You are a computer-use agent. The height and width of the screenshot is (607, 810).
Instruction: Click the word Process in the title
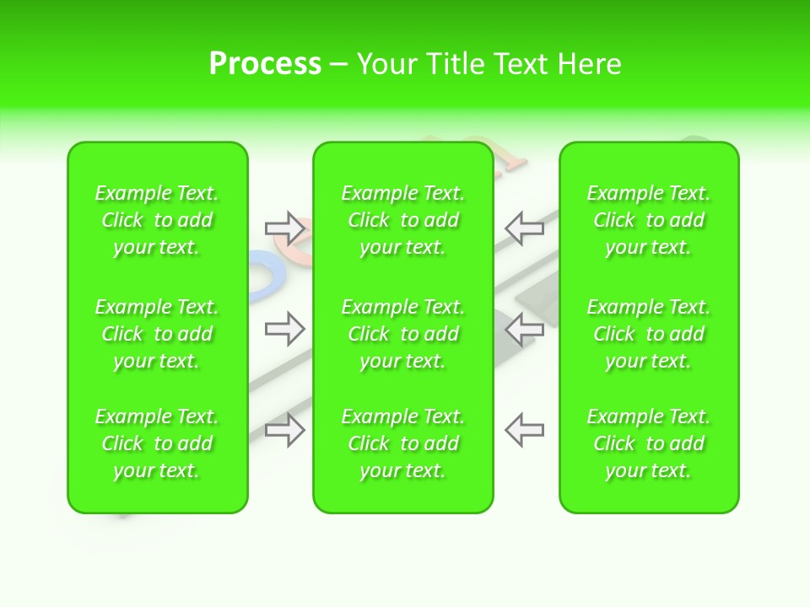[x=265, y=64]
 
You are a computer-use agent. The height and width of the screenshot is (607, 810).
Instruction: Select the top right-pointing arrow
[x=285, y=228]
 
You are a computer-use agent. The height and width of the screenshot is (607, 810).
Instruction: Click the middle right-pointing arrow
[x=285, y=329]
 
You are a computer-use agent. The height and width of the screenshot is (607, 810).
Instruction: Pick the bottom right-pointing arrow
[x=285, y=430]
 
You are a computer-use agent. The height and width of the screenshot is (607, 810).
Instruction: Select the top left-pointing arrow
[x=524, y=228]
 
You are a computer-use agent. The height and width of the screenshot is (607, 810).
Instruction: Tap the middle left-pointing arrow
[x=524, y=329]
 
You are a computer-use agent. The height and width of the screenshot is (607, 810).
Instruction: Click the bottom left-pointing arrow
[x=524, y=430]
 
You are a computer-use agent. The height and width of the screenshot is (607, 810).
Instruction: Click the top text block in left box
[x=157, y=220]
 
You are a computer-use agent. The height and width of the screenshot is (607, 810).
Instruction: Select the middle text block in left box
[x=157, y=334]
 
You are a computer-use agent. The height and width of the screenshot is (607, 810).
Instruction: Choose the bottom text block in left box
[x=157, y=443]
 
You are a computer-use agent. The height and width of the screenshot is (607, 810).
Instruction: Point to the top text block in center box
[x=402, y=220]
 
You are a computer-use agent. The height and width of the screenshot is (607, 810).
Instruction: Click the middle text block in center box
[x=402, y=334]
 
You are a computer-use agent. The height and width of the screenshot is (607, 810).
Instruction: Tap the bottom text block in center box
[x=402, y=443]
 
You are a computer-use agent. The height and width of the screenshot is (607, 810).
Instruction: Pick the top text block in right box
[x=648, y=220]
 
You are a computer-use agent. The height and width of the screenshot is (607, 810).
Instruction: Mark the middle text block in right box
[x=648, y=334]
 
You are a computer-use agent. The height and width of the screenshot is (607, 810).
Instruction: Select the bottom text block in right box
[x=648, y=443]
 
